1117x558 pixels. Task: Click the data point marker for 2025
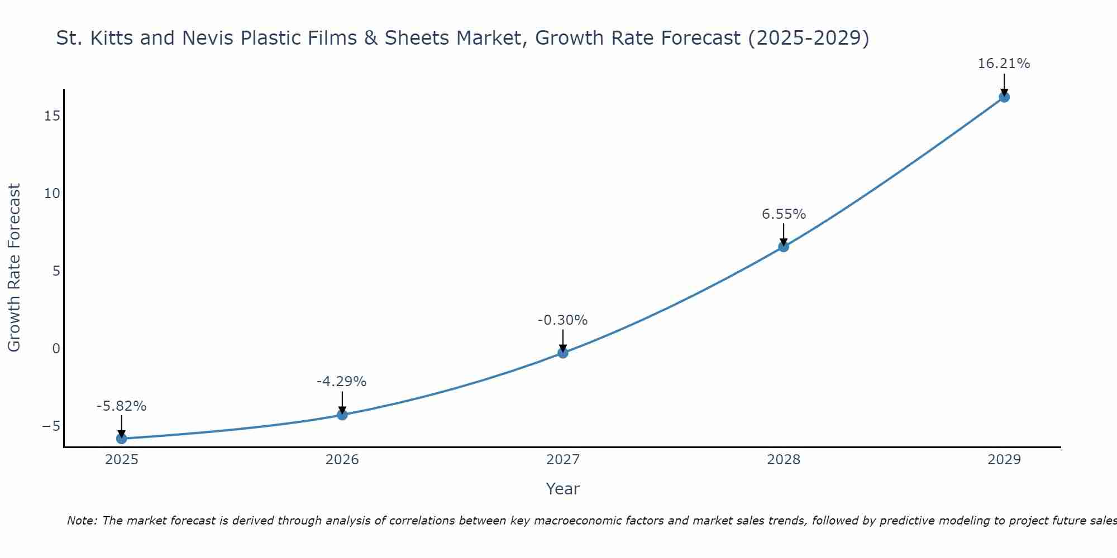pos(121,439)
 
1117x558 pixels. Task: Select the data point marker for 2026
pos(342,415)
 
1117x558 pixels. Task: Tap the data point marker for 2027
pos(563,353)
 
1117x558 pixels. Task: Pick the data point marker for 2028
pos(784,247)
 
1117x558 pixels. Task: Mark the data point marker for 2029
pos(1004,97)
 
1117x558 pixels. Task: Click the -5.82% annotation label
pos(121,406)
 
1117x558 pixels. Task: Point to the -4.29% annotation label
pos(341,382)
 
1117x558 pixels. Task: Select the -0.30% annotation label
pos(562,320)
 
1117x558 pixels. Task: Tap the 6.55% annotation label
pos(784,214)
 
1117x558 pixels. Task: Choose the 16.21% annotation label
pos(1004,64)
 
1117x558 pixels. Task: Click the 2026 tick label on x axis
pos(342,460)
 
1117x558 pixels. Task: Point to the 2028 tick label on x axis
pos(784,460)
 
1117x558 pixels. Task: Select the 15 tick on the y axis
pos(52,116)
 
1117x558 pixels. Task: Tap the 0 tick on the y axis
pos(56,349)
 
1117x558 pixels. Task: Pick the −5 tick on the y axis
pos(51,426)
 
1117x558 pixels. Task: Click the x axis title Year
pos(562,489)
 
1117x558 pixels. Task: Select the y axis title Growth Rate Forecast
pos(14,268)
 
